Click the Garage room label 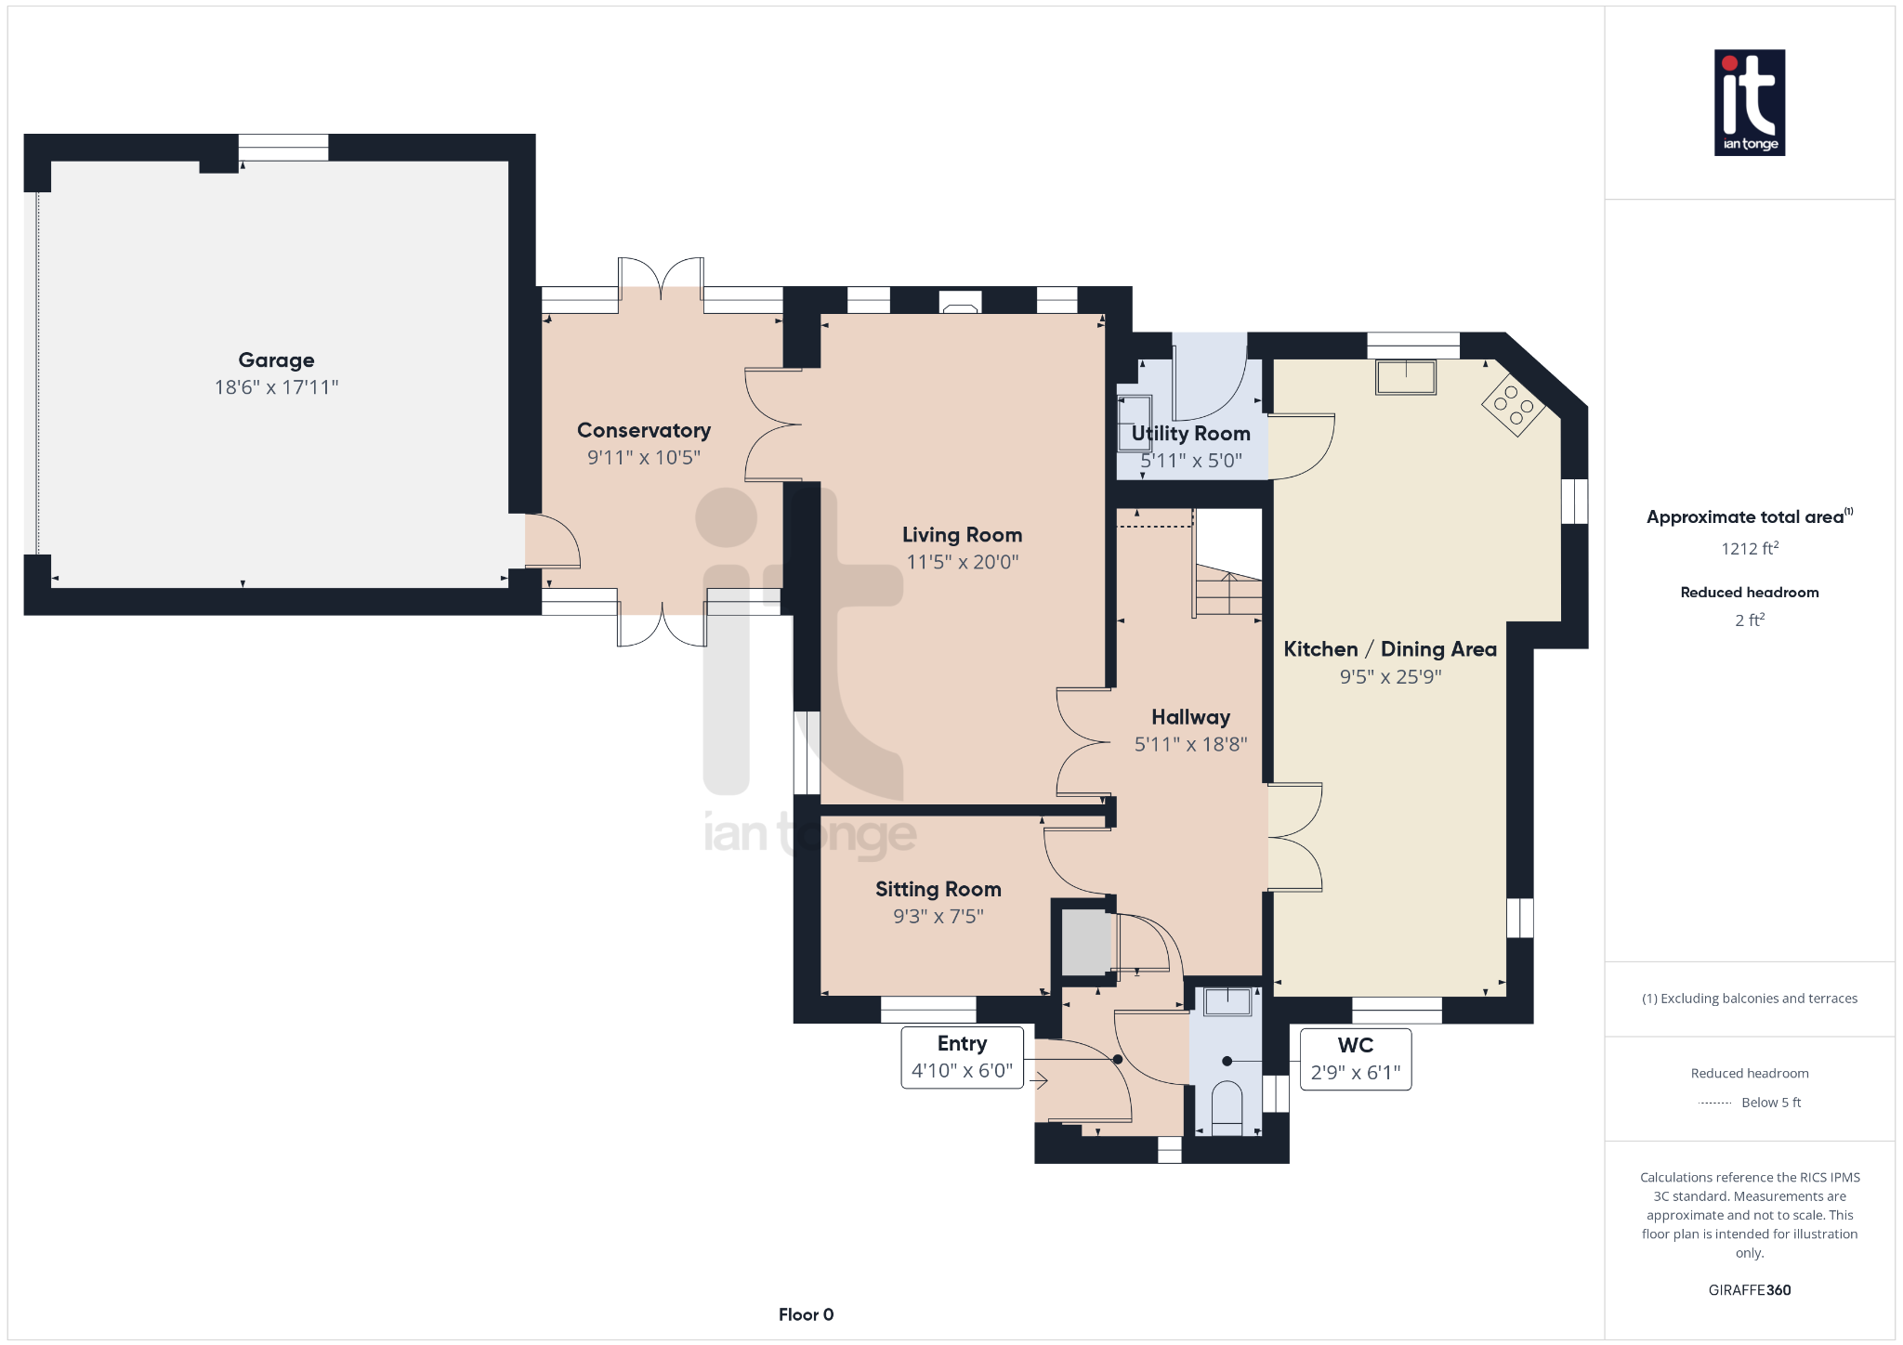(276, 360)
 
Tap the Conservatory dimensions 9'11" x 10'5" (644, 457)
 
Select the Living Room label (962, 535)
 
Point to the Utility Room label (1190, 434)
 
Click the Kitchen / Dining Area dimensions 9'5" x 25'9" (1390, 677)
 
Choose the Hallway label (1190, 717)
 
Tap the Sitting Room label (938, 890)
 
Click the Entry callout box (963, 1057)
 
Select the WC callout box (1356, 1059)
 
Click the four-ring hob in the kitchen (1514, 406)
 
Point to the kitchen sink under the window (1406, 378)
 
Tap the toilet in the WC (1227, 1107)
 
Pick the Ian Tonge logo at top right (1750, 102)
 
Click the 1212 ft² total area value (1750, 548)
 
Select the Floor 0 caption (807, 1314)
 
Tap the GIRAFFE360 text (1750, 1290)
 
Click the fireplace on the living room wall (960, 302)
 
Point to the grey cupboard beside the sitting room (1085, 943)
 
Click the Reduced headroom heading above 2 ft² (1750, 593)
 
